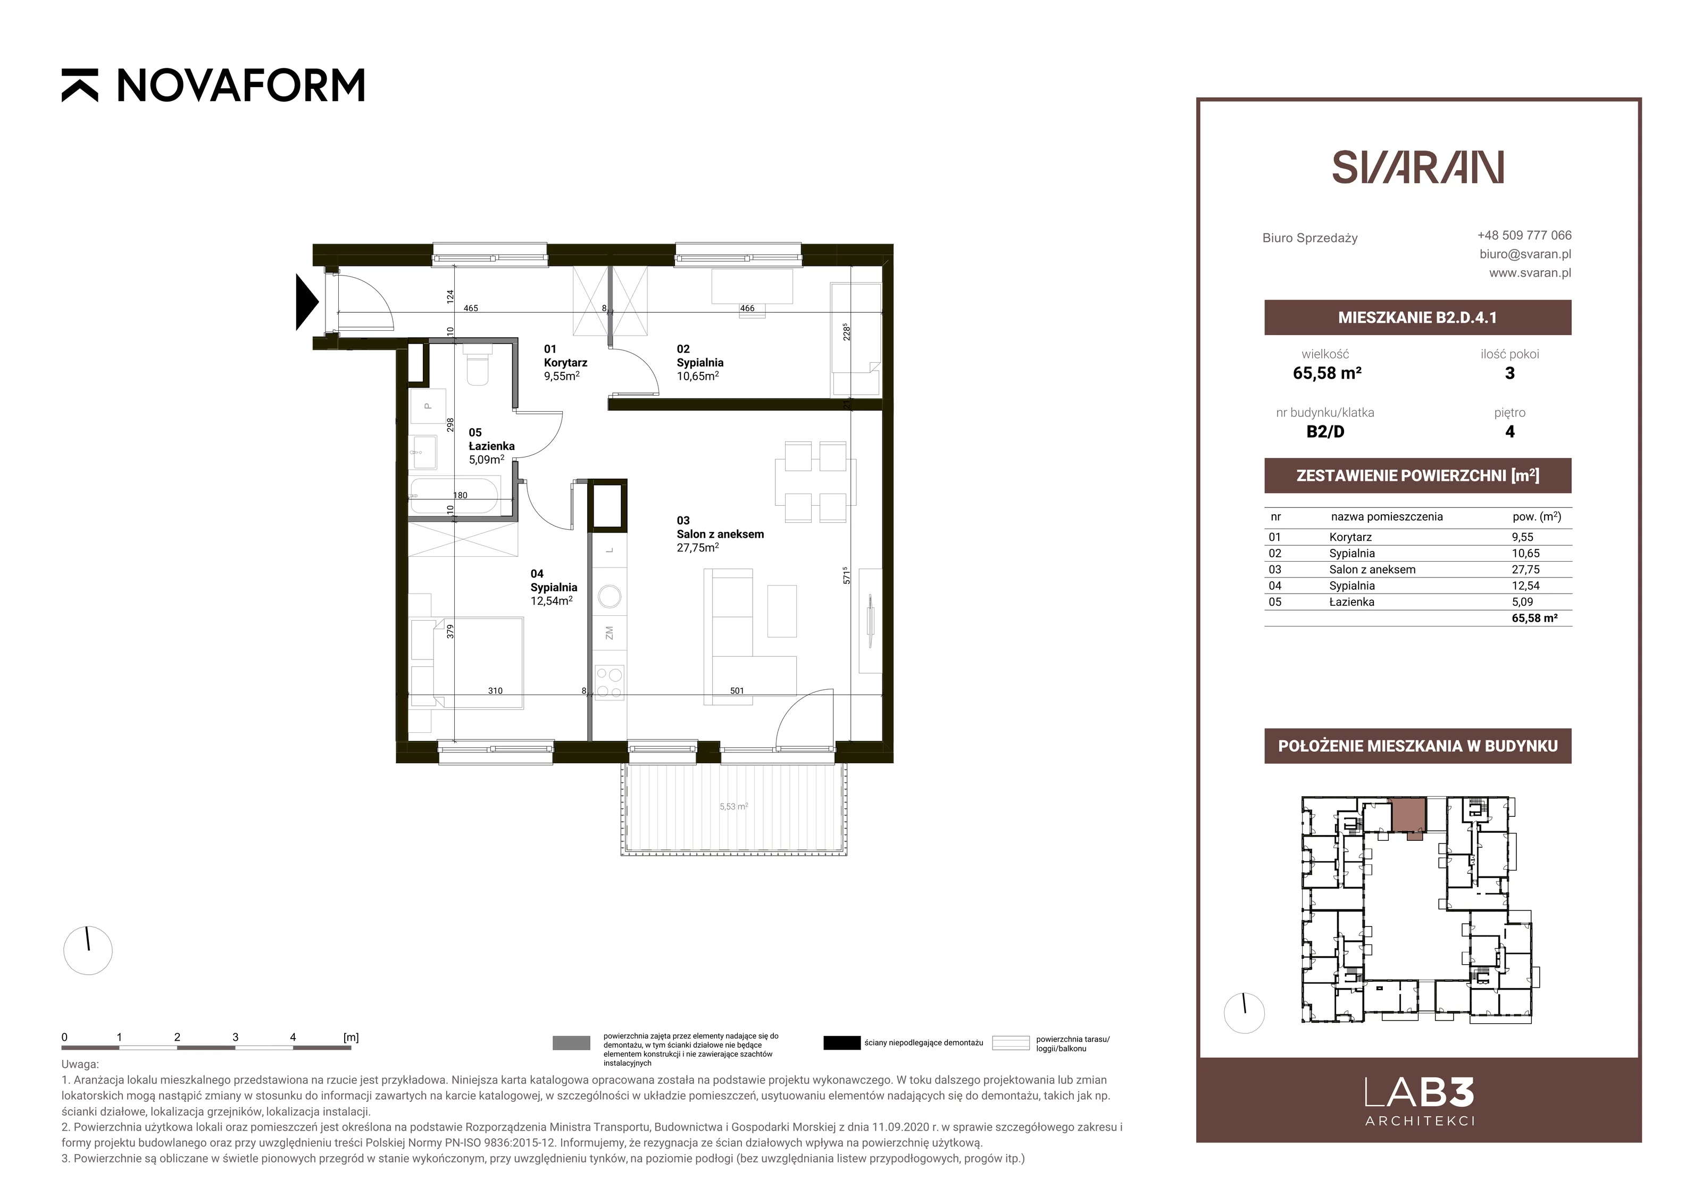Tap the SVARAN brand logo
1417,167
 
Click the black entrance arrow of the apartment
307,302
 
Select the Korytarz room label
565,363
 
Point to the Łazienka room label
491,446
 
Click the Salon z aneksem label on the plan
720,533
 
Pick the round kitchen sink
610,597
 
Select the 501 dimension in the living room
737,691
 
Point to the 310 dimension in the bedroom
495,691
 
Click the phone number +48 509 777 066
1524,235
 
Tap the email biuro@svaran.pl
1525,254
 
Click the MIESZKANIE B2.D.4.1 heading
1417,318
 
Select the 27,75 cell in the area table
1525,569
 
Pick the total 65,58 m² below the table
1534,618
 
